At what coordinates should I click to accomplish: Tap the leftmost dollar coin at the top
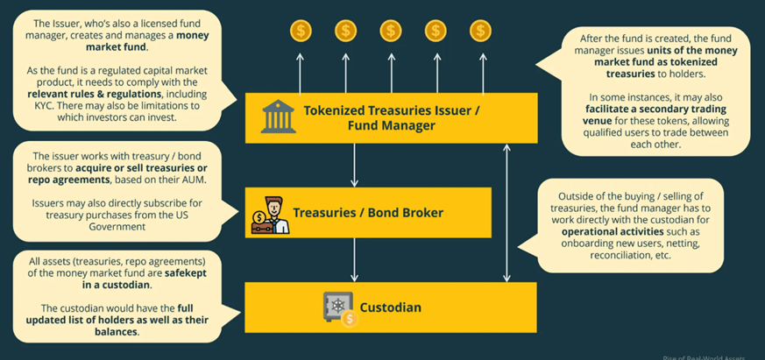[x=301, y=32]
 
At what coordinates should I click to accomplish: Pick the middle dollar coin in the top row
[x=390, y=32]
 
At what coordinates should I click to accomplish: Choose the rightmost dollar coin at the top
[x=479, y=32]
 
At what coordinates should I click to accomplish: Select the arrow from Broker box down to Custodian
[x=353, y=260]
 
